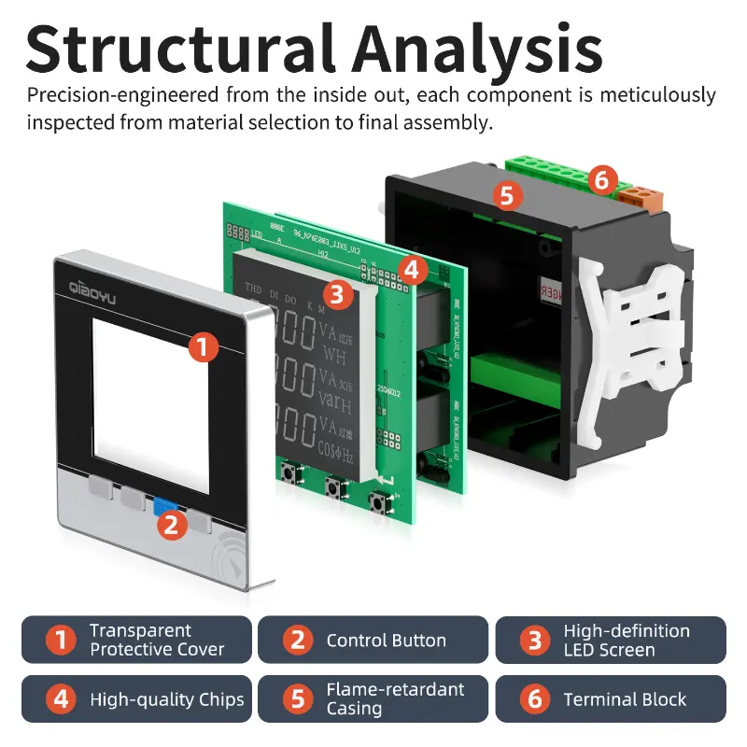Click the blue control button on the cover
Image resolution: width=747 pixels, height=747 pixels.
point(165,507)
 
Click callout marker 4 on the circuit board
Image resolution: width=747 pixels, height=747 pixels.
point(413,271)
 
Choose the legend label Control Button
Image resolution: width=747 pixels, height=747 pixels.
point(386,641)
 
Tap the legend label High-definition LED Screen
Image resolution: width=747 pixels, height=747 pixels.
point(626,641)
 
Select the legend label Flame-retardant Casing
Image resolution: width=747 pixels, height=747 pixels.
point(394,698)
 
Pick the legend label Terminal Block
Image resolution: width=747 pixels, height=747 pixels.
point(625,699)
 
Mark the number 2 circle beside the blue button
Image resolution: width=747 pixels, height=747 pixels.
point(169,525)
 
